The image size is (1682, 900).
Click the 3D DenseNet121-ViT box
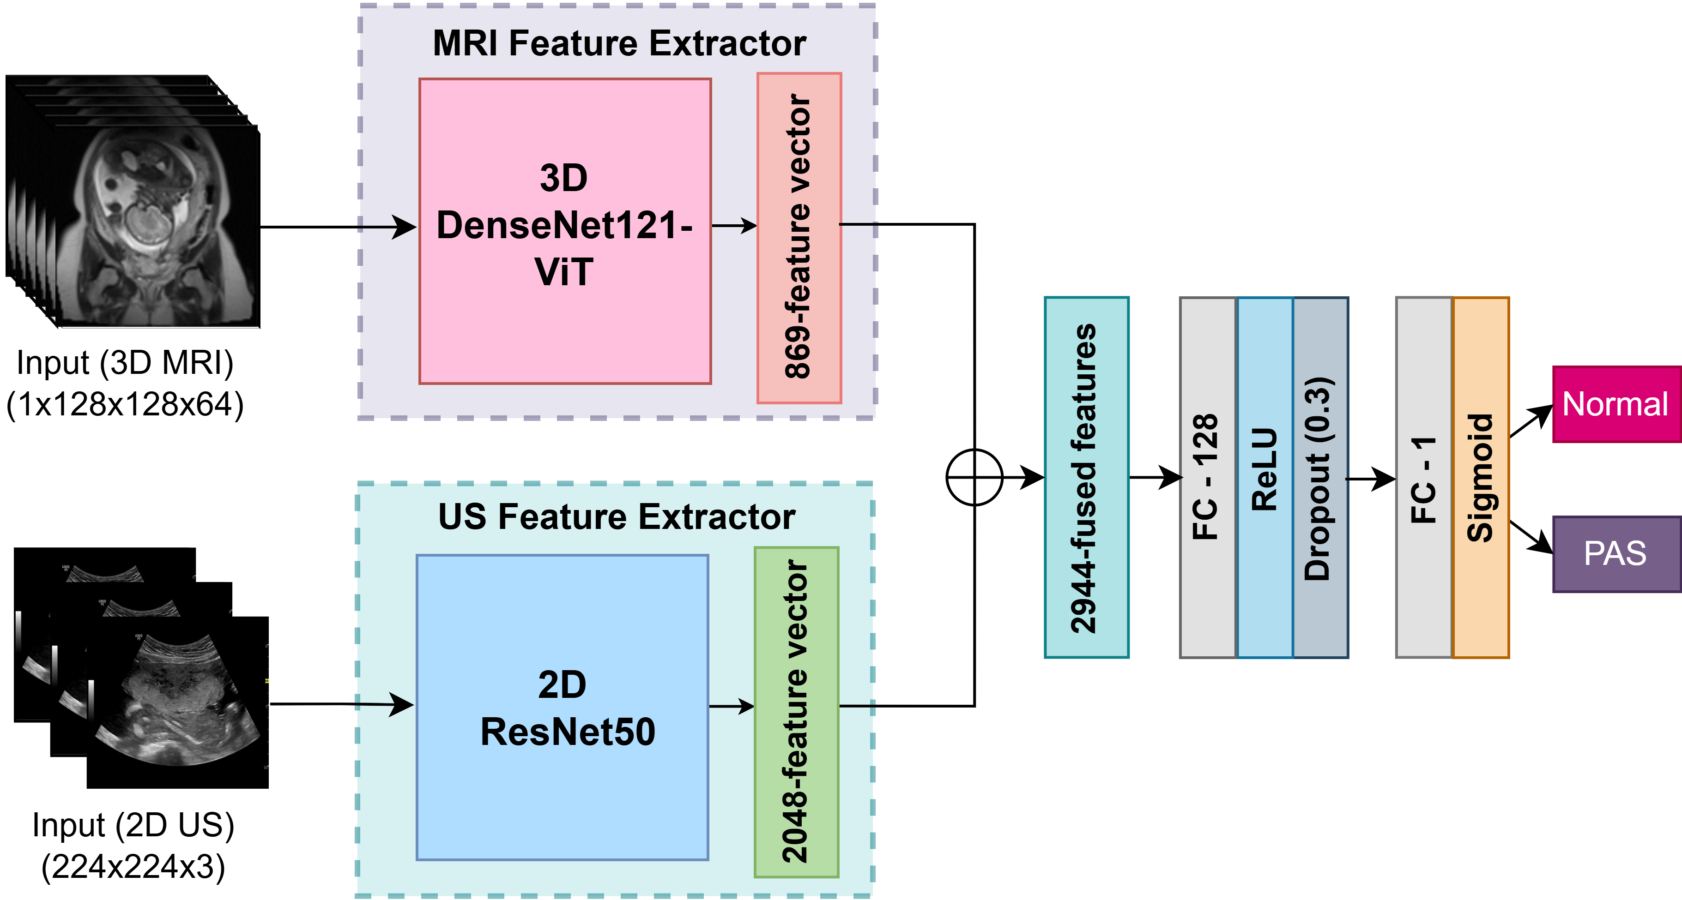[565, 231]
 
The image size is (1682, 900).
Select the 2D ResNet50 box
[562, 708]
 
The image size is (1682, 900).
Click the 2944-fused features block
[1087, 477]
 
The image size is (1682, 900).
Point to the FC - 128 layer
[1207, 477]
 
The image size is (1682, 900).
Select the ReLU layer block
[1265, 477]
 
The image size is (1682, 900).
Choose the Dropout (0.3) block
[1320, 477]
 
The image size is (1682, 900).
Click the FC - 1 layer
[1423, 477]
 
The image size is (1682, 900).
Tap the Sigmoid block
[1480, 477]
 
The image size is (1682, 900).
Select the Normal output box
[1616, 404]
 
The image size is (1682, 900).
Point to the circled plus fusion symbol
[974, 477]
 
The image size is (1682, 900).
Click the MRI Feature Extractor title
[619, 44]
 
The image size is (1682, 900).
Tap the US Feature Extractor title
[617, 517]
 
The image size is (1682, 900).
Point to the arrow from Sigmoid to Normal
[1531, 421]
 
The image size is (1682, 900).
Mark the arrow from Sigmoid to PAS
[1531, 536]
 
